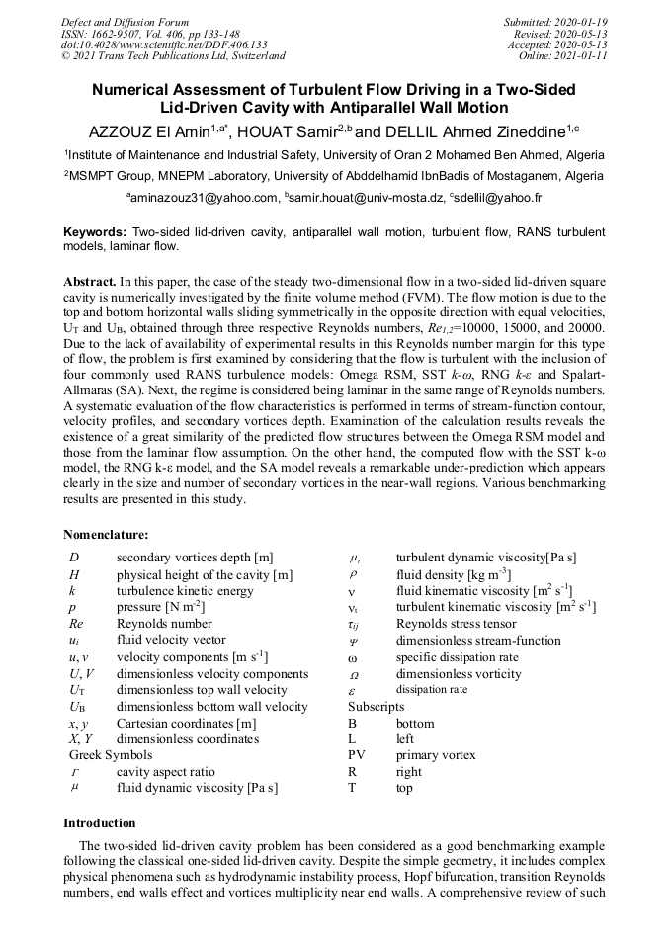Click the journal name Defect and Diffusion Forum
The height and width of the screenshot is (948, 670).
pyautogui.click(x=125, y=22)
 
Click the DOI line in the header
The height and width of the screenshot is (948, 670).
pyautogui.click(x=164, y=44)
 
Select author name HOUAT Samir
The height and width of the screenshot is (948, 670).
pyautogui.click(x=287, y=131)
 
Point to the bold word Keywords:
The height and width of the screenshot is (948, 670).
pyautogui.click(x=95, y=231)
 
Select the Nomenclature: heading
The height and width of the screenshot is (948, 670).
pyautogui.click(x=106, y=535)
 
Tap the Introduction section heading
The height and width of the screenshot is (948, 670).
pyautogui.click(x=100, y=822)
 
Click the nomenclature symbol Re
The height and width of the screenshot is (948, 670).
pyautogui.click(x=76, y=624)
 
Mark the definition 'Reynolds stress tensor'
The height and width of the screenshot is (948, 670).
pyautogui.click(x=456, y=624)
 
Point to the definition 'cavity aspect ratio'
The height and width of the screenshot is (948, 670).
pyautogui.click(x=165, y=772)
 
